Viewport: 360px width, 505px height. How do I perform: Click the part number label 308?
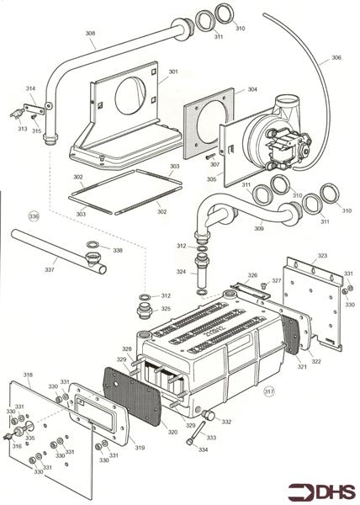click(x=90, y=35)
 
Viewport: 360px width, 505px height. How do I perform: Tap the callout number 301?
click(x=173, y=72)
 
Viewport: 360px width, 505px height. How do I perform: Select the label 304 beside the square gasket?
click(x=252, y=89)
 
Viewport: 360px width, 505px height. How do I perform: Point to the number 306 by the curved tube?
click(x=336, y=57)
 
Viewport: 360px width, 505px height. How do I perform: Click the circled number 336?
click(x=34, y=216)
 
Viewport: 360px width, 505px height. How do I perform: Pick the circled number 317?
click(x=269, y=391)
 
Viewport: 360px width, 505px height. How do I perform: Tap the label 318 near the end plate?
click(x=28, y=375)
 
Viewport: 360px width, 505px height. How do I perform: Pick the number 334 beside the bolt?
click(x=202, y=449)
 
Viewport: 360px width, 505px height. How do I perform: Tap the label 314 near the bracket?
click(x=30, y=88)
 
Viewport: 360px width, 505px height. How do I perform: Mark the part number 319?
click(x=140, y=447)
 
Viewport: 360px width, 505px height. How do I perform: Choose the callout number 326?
click(x=251, y=275)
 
